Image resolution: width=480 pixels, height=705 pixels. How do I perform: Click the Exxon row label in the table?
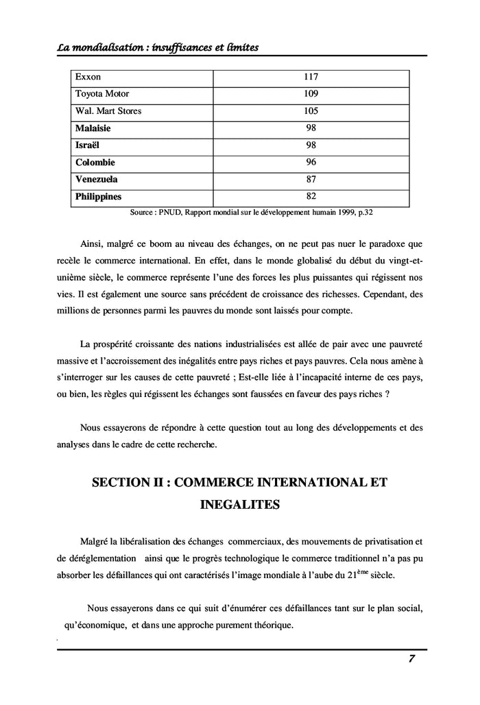pos(88,77)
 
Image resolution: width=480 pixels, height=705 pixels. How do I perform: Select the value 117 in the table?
pos(311,77)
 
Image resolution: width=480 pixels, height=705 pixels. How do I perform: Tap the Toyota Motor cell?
pos(101,94)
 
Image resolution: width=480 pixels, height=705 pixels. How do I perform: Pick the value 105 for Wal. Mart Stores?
pos(311,111)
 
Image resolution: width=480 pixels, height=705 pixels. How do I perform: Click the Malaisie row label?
pos(93,128)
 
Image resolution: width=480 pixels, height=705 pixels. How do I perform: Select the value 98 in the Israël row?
pos(311,145)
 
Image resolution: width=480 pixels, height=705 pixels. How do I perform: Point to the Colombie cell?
pos(95,163)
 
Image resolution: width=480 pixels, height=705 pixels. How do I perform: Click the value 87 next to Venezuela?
pos(311,180)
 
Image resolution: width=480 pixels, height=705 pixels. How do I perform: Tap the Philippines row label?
pos(98,197)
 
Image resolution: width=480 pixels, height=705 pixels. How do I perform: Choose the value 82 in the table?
pos(311,197)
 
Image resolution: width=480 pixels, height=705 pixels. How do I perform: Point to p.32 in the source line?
pos(363,213)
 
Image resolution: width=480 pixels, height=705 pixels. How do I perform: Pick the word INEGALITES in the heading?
pos(239,505)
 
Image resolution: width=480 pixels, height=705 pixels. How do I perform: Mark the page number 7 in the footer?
pos(411,659)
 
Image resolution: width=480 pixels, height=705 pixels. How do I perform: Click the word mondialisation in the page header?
pos(109,46)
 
